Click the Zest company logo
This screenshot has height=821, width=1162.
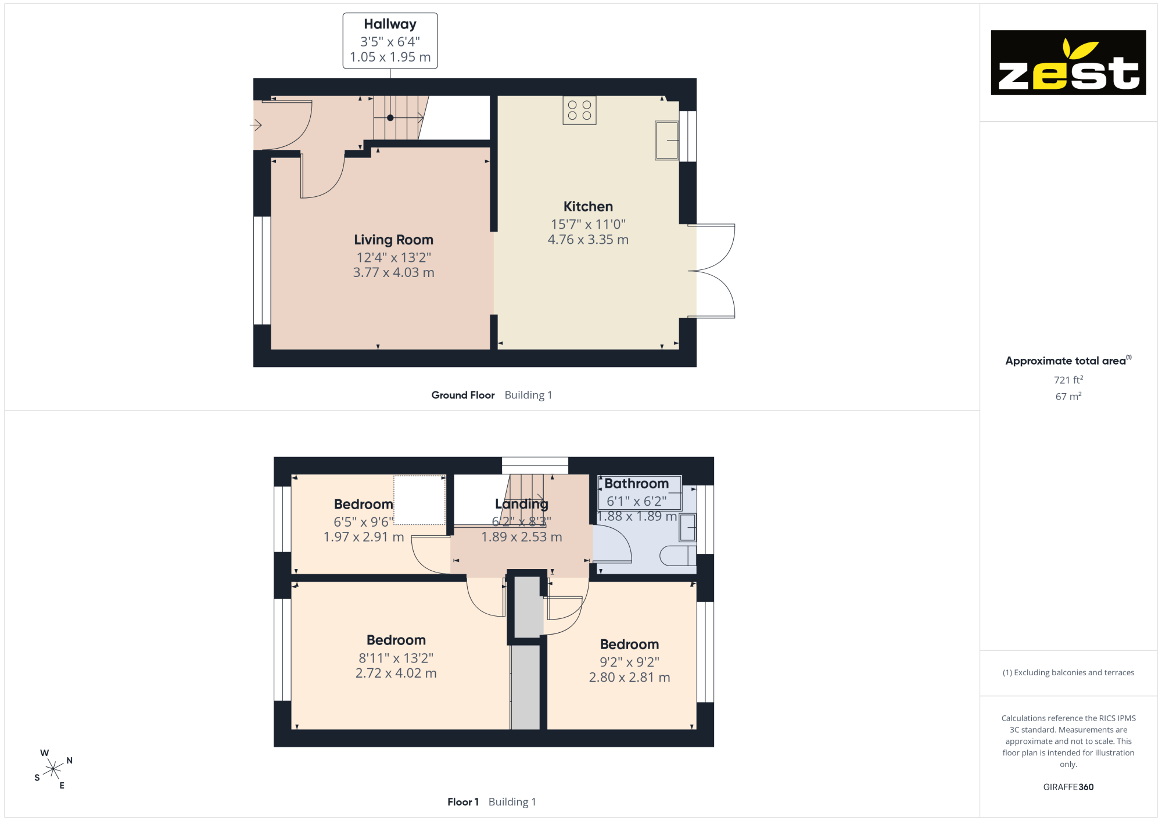[x=1068, y=63]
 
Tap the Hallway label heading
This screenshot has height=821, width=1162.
[x=390, y=24]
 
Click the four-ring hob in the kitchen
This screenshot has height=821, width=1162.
[x=579, y=110]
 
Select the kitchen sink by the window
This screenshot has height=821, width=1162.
[x=667, y=140]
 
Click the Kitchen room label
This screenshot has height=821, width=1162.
[x=588, y=207]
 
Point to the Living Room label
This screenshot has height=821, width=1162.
[x=393, y=240]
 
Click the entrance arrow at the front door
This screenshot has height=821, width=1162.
[x=256, y=124]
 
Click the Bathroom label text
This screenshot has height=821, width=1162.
[x=636, y=484]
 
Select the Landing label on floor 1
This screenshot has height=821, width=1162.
[x=521, y=504]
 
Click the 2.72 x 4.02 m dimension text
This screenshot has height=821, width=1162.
[x=396, y=674]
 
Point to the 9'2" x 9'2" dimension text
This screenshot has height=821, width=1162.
[x=629, y=662]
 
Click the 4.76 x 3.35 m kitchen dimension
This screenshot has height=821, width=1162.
[x=588, y=240]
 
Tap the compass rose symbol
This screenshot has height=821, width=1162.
[x=53, y=769]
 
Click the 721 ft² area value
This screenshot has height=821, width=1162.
[x=1068, y=380]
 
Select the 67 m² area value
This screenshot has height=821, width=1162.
[x=1068, y=397]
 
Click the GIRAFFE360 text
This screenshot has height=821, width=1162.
[x=1068, y=787]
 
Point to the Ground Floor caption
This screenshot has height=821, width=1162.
[x=463, y=395]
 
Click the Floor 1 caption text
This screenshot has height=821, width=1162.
[x=463, y=802]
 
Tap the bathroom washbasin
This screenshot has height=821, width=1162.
[x=688, y=528]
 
